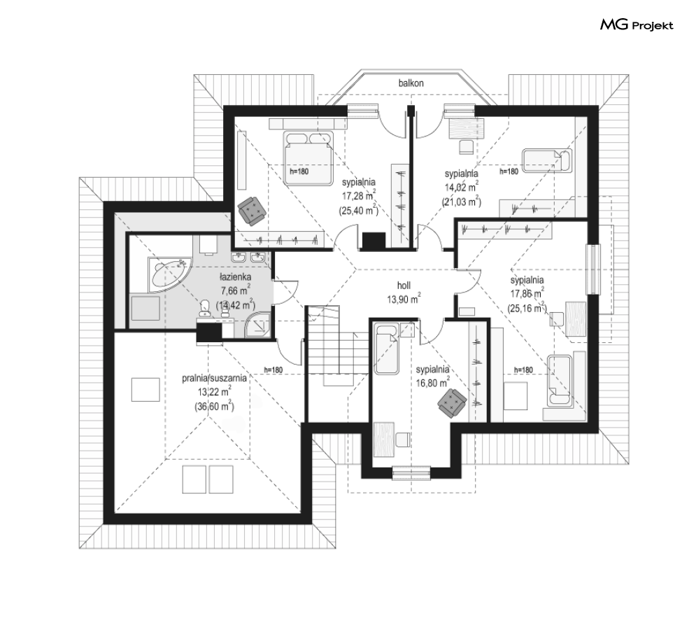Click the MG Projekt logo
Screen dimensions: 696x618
pyautogui.click(x=637, y=25)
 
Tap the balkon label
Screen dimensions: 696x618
pyautogui.click(x=411, y=83)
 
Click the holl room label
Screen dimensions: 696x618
pyautogui.click(x=404, y=286)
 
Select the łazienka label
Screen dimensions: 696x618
pyautogui.click(x=235, y=277)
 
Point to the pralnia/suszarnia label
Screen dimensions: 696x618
pyautogui.click(x=214, y=378)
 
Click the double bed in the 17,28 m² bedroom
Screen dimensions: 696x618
pyautogui.click(x=308, y=158)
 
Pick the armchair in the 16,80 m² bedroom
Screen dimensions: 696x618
pyautogui.click(x=452, y=402)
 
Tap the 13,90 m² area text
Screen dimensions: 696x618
pyautogui.click(x=404, y=300)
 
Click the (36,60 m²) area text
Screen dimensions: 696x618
pyautogui.click(x=214, y=406)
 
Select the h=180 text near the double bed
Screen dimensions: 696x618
pyautogui.click(x=299, y=171)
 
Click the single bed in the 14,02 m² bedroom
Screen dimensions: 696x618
pyautogui.click(x=547, y=160)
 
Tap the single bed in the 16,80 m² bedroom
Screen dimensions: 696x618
pyautogui.click(x=386, y=349)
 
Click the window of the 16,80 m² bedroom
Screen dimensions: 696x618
pyautogui.click(x=411, y=472)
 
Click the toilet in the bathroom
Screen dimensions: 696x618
pyautogui.click(x=205, y=307)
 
